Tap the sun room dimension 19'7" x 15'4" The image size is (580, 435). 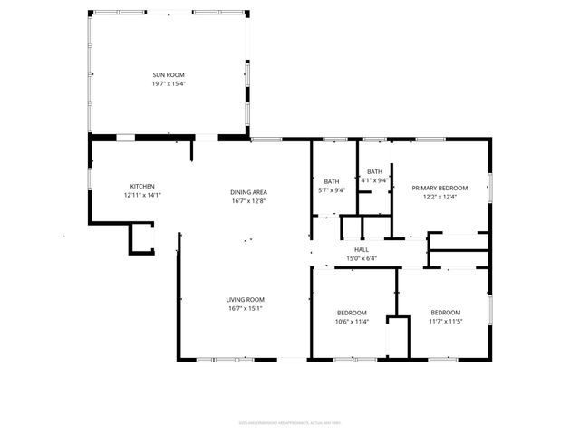point(169,83)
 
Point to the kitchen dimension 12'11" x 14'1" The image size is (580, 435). point(141,195)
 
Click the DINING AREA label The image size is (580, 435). point(248,191)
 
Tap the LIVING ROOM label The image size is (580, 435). point(245,300)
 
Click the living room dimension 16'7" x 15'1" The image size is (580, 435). point(245,308)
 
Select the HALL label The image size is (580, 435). point(362,250)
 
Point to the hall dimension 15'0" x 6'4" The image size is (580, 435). point(362,258)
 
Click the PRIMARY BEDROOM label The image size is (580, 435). point(434,188)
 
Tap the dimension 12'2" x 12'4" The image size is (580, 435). point(434,197)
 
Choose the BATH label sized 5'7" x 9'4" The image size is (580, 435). point(332,181)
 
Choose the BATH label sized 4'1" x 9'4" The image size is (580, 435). point(375,171)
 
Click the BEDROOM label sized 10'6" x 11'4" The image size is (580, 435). point(351,313)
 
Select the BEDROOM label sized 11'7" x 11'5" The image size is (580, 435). point(445,313)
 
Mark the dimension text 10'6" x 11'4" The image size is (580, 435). point(351,321)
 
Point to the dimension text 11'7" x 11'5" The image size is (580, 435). point(445,321)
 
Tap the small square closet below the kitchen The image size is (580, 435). point(141,238)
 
